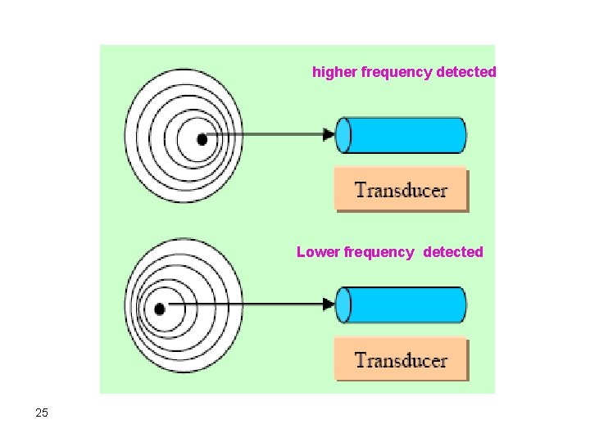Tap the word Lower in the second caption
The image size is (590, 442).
317,252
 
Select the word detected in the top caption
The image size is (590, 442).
466,72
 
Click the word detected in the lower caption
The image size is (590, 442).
453,252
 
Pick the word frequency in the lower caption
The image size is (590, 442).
379,252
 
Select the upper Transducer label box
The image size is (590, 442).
401,190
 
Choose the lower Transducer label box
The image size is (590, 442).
401,360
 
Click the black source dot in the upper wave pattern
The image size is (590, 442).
202,138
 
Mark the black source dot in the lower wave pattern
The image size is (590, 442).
160,309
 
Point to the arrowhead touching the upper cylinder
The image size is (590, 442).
329,134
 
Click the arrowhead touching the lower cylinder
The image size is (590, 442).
329,304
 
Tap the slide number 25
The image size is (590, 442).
42,413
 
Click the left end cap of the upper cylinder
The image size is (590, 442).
344,135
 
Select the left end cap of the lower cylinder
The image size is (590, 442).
344,305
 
